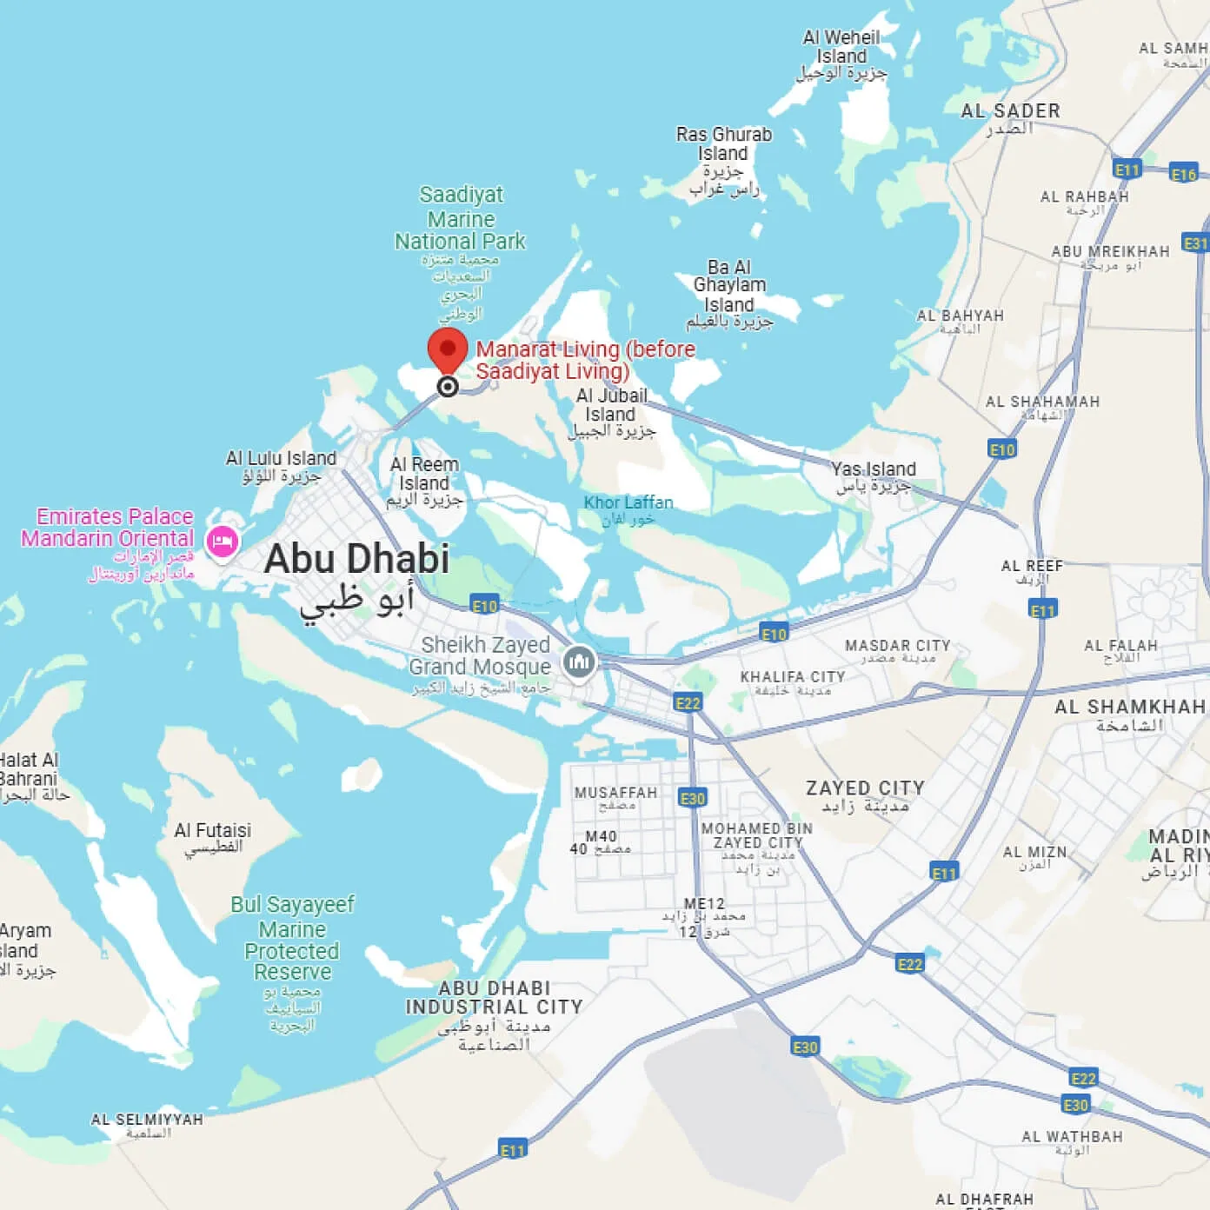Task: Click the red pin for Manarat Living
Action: tap(448, 350)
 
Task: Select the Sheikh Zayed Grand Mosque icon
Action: tap(579, 662)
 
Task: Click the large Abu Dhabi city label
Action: tap(356, 559)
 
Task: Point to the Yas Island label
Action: tap(873, 469)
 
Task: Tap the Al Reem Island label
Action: tap(424, 475)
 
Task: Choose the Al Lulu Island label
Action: tap(281, 458)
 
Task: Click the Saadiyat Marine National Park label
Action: tap(460, 218)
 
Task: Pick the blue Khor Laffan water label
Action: tap(628, 502)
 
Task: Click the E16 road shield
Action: tap(1183, 174)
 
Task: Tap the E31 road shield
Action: tap(1196, 243)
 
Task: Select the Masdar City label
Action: tap(897, 646)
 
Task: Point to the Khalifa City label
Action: tap(792, 677)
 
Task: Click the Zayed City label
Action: tap(865, 788)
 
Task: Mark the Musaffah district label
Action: tap(615, 793)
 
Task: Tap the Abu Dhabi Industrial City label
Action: tap(494, 998)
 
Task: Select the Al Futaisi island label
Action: tap(212, 831)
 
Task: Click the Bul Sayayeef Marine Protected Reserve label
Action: tap(292, 939)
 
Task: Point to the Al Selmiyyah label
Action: tap(147, 1120)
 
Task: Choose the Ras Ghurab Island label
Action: tap(724, 144)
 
